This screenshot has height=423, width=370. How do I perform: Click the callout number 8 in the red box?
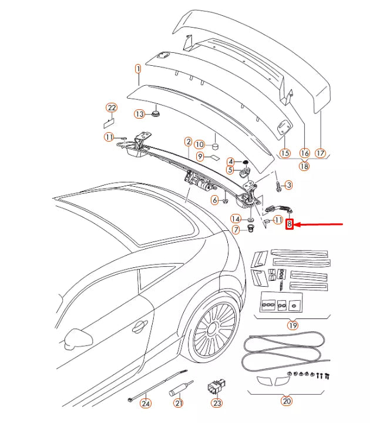pyautogui.click(x=289, y=224)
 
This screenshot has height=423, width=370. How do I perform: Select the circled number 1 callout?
pyautogui.click(x=138, y=69)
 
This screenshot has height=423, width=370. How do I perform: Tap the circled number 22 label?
pyautogui.click(x=112, y=107)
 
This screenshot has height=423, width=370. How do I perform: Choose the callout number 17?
pyautogui.click(x=321, y=153)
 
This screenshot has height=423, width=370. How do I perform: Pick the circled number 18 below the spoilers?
pyautogui.click(x=304, y=166)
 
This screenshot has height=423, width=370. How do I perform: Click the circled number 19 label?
pyautogui.click(x=292, y=325)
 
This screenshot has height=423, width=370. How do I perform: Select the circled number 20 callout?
pyautogui.click(x=287, y=401)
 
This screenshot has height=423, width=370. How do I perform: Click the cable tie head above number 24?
pyautogui.click(x=130, y=399)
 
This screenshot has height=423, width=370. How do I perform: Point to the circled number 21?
pyautogui.click(x=179, y=403)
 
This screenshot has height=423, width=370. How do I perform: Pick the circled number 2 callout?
pyautogui.click(x=188, y=142)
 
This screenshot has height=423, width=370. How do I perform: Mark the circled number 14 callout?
pyautogui.click(x=235, y=218)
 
